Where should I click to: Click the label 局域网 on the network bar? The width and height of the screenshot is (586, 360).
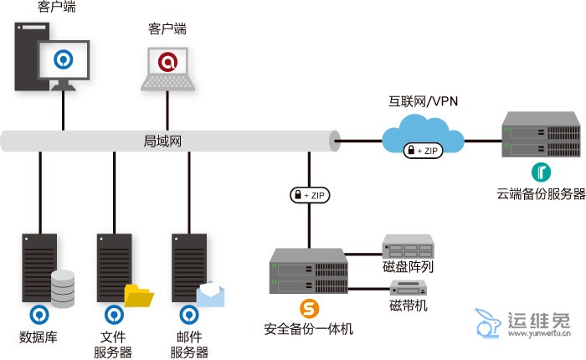163,140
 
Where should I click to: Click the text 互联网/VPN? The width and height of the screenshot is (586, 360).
423,102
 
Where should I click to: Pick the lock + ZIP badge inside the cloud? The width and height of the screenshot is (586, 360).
423,151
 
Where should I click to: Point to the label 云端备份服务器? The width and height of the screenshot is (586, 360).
541,195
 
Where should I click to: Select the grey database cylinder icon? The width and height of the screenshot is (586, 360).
64,288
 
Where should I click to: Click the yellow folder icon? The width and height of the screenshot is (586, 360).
139,296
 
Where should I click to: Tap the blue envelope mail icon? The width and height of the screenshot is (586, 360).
211,294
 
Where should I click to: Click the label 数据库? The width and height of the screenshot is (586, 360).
38,337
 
